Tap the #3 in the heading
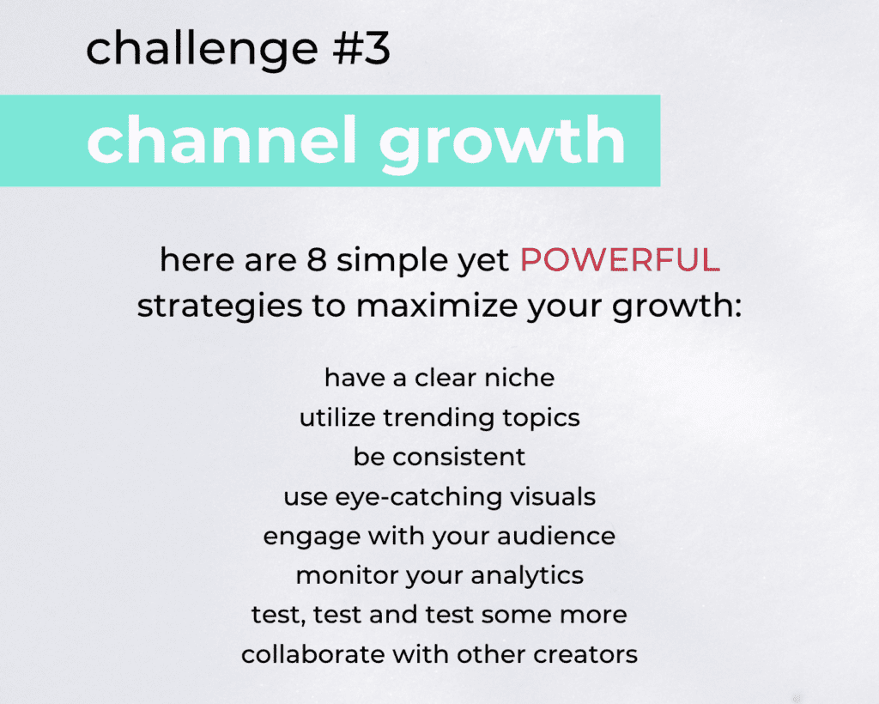point(361,47)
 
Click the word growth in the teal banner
point(502,143)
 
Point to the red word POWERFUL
point(620,260)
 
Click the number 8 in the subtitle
point(317,260)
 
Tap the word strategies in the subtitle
point(220,307)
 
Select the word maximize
point(437,306)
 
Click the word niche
point(519,378)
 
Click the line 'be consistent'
point(439,457)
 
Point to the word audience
point(556,536)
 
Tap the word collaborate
point(312,654)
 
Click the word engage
point(312,537)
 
